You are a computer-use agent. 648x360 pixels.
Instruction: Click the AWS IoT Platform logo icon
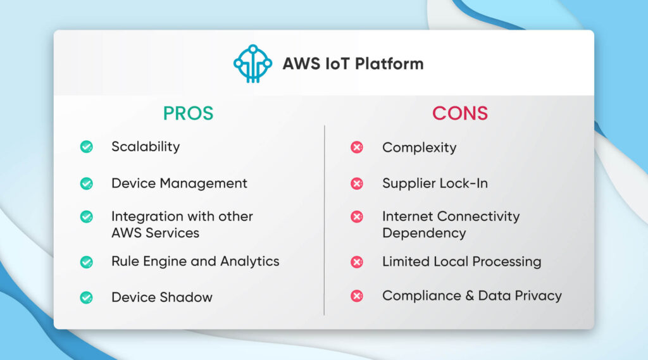(252, 63)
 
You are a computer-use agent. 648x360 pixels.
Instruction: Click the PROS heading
(188, 113)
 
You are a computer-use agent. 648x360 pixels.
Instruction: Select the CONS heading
(459, 113)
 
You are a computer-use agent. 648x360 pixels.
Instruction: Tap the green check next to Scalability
(86, 147)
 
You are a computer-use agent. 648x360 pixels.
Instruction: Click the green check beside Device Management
(86, 183)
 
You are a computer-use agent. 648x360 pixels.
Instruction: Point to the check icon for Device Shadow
(86, 297)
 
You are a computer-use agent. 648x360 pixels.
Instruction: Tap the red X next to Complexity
(357, 147)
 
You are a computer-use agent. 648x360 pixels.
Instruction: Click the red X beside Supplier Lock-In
(357, 183)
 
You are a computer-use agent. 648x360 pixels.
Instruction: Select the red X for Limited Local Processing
(357, 262)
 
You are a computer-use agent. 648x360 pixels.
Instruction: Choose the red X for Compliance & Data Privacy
(357, 295)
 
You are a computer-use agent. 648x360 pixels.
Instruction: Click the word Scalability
(146, 147)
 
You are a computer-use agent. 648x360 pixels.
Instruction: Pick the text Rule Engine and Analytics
(195, 261)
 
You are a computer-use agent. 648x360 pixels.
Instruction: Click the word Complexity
(419, 148)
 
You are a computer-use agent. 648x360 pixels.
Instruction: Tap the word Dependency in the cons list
(423, 233)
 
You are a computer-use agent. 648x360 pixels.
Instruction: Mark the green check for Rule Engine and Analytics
(86, 262)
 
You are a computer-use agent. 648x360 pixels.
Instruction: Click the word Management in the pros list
(203, 183)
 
